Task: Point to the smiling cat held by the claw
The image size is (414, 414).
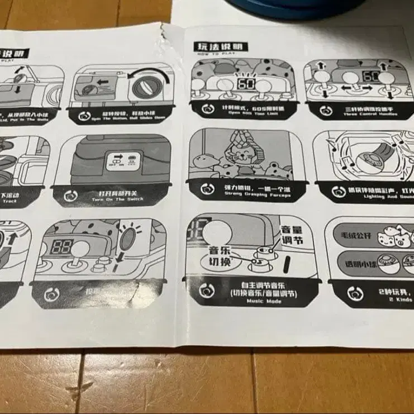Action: (243, 150)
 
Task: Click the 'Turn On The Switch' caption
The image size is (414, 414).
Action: (113, 199)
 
